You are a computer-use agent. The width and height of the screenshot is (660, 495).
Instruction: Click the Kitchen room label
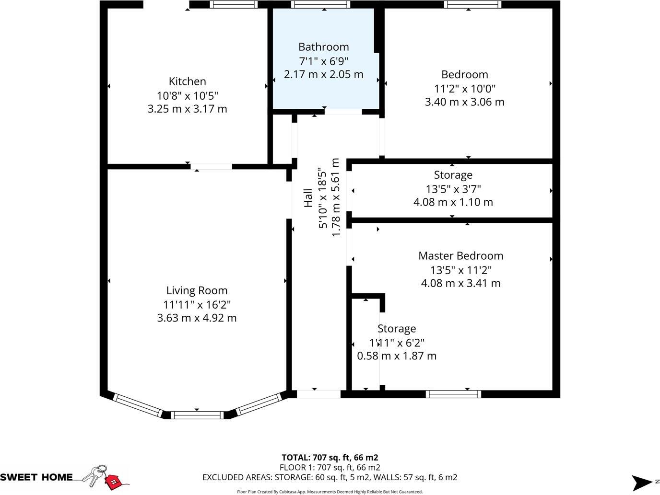click(187, 81)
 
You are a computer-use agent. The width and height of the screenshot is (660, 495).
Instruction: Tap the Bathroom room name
click(323, 47)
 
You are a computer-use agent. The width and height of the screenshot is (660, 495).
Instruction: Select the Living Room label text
click(197, 290)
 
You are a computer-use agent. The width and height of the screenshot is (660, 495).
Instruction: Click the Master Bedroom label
click(460, 256)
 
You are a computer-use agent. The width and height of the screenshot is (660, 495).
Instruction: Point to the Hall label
click(308, 198)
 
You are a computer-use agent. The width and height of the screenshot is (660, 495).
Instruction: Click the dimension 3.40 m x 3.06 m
click(464, 102)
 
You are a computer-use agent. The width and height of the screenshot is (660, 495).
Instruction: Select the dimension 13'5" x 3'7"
click(453, 189)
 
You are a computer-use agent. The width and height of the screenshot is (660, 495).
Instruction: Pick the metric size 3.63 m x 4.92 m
click(197, 318)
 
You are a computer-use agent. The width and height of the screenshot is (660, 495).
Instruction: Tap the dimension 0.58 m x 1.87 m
click(397, 356)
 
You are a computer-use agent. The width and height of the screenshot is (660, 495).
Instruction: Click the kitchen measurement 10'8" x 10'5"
click(187, 95)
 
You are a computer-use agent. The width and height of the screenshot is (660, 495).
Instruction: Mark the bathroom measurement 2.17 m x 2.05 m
click(323, 75)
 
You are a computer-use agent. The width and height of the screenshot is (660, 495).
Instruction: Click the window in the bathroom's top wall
click(321, 5)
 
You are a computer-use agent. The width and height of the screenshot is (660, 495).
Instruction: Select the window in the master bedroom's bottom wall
click(453, 394)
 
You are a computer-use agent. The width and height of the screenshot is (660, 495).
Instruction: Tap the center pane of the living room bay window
click(197, 415)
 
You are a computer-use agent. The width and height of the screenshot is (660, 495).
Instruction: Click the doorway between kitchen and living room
click(212, 167)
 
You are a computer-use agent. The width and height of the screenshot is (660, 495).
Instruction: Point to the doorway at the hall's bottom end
click(318, 394)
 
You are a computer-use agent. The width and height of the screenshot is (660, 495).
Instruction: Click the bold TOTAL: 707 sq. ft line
click(330, 458)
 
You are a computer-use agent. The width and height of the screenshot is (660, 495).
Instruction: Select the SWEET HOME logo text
click(36, 477)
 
